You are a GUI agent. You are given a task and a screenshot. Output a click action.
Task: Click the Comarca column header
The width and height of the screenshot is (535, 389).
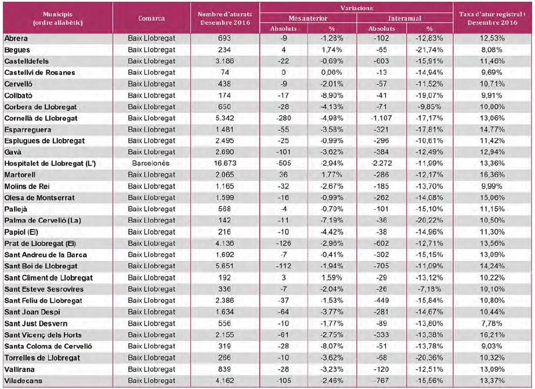(151, 19)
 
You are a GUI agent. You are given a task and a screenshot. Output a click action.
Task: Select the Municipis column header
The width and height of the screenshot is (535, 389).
(57, 19)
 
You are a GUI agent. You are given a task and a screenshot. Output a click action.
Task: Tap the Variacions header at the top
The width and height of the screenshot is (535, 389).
(356, 8)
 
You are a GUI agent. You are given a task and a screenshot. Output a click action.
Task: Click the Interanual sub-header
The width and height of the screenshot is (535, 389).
(404, 19)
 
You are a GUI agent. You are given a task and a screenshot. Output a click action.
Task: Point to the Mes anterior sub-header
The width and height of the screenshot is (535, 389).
(308, 19)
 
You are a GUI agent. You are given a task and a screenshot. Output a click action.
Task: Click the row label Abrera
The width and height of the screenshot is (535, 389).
(16, 38)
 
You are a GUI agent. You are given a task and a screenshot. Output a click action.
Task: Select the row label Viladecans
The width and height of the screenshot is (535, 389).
(23, 381)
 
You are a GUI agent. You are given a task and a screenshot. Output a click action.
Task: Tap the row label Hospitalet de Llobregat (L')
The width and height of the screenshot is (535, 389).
(50, 163)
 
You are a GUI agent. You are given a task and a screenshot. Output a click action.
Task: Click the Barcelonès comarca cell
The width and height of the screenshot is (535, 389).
(151, 163)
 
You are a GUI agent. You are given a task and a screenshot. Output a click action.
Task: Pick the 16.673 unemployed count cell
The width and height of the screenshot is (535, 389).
(225, 163)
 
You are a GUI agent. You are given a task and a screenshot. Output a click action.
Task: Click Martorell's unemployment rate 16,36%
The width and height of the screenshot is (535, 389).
(492, 175)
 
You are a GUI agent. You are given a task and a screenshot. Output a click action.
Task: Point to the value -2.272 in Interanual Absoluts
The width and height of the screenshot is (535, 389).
(381, 163)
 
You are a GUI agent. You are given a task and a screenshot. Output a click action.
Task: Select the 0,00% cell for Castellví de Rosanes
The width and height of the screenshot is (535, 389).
(332, 72)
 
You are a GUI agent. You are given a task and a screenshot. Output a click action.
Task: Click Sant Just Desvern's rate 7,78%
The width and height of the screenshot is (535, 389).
(491, 323)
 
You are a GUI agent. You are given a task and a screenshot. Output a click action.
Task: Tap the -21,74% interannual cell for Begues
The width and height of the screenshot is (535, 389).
(429, 50)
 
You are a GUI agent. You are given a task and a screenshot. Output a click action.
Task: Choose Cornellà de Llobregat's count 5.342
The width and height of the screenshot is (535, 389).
(225, 118)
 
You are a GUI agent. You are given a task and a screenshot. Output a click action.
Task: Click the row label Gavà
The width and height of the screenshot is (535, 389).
(13, 152)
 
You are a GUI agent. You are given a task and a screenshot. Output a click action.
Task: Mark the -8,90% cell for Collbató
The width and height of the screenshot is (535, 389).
(332, 96)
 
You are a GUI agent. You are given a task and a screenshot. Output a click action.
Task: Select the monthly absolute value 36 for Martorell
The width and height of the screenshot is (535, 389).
(283, 175)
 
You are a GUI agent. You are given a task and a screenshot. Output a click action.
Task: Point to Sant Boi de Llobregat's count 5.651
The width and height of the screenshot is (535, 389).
(225, 266)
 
